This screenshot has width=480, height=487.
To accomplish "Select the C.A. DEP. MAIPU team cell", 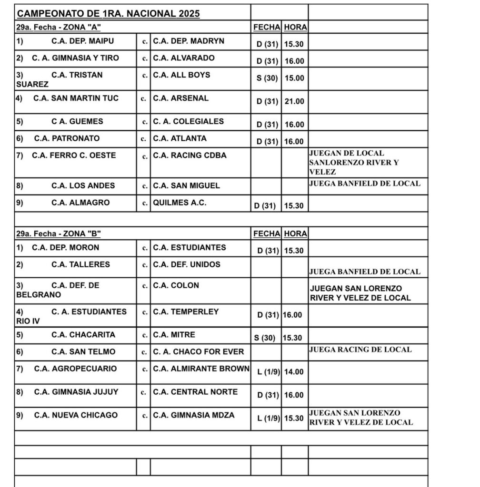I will pos(82,41).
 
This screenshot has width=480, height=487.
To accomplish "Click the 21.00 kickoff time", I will pos(294,101).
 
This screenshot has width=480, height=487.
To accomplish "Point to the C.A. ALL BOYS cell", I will pos(181,75).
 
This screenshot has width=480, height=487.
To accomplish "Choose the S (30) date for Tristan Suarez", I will pos(267,78).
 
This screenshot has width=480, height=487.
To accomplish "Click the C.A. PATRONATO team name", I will pos(67,138).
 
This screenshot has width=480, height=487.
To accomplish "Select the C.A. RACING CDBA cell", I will pos(190,156).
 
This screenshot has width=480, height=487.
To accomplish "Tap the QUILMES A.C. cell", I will pos(180,203).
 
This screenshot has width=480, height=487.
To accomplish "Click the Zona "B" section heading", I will pos(59,234).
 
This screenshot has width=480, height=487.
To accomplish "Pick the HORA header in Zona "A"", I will pos(295,27).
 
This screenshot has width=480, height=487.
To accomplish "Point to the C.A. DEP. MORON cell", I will pos(66,247).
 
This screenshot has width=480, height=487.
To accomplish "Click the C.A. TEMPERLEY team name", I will pos(186,312).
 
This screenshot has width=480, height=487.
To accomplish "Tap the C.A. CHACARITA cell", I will pos(83,335).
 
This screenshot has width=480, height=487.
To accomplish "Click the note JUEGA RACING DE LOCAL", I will pos(360,350).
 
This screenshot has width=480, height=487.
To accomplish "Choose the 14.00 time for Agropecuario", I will pos(294,372).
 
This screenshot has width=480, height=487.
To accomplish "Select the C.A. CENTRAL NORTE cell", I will pos(195,392).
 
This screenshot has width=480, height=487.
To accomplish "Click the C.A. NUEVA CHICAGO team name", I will pos(76,415).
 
